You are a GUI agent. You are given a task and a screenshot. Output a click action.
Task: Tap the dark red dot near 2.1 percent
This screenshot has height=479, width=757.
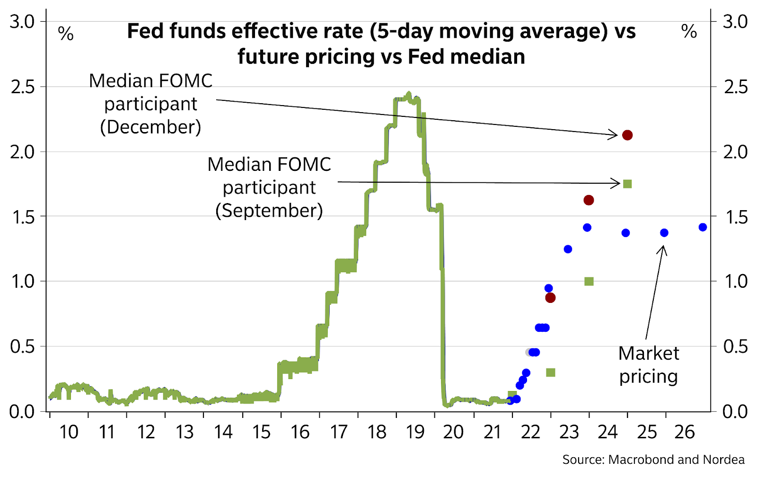point(627,135)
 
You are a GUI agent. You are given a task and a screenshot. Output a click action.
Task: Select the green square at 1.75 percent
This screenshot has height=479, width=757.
point(627,184)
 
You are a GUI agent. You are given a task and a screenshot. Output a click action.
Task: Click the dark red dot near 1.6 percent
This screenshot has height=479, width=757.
point(589,200)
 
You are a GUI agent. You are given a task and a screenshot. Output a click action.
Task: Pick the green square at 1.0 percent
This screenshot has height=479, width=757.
point(589,282)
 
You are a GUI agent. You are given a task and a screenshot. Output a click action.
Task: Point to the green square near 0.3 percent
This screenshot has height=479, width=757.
point(550,373)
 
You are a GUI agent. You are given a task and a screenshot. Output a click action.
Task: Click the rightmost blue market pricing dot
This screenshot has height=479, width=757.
point(703,227)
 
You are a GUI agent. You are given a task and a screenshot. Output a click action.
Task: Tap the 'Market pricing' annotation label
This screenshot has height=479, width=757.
point(649,365)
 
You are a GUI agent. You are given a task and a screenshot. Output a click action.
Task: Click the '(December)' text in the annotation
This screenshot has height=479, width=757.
point(150,127)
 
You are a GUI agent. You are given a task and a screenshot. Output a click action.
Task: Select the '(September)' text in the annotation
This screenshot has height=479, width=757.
point(269,210)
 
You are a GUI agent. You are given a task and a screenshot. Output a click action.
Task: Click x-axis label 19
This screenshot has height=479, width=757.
point(415,432)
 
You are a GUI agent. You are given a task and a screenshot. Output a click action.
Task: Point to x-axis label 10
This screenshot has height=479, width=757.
point(69,432)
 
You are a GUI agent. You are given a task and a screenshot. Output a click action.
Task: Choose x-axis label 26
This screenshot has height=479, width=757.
point(684,432)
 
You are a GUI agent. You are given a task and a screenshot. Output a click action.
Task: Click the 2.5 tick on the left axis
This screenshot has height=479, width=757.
point(23,87)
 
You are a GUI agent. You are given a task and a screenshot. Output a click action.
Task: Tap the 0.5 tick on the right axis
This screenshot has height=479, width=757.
point(735,346)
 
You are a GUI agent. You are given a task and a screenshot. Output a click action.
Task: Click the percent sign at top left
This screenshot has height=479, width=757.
point(66,34)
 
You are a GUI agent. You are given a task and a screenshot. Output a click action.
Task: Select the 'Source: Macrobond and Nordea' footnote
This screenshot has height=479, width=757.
point(653,460)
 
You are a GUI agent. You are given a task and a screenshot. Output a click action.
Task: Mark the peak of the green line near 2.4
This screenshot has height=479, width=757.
point(409,94)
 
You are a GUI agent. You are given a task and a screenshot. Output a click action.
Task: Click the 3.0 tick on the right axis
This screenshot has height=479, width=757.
point(735,22)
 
